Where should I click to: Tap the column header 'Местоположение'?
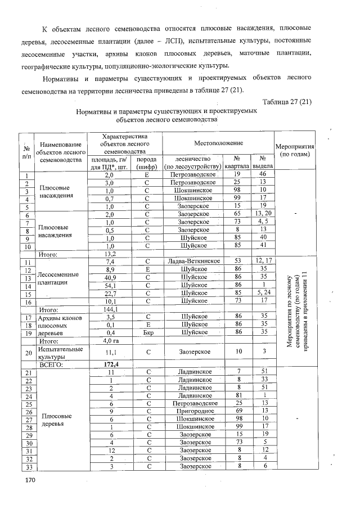[218, 145]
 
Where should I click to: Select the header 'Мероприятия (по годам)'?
[295, 150]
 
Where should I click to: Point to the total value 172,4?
[110, 364]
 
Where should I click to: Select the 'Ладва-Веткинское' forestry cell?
[193, 261]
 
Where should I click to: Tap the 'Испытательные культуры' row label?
[55, 353]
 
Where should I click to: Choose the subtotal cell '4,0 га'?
[110, 340]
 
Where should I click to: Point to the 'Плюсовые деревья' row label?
[54, 420]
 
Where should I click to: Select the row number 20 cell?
[26, 353]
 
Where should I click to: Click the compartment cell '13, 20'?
[263, 214]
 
